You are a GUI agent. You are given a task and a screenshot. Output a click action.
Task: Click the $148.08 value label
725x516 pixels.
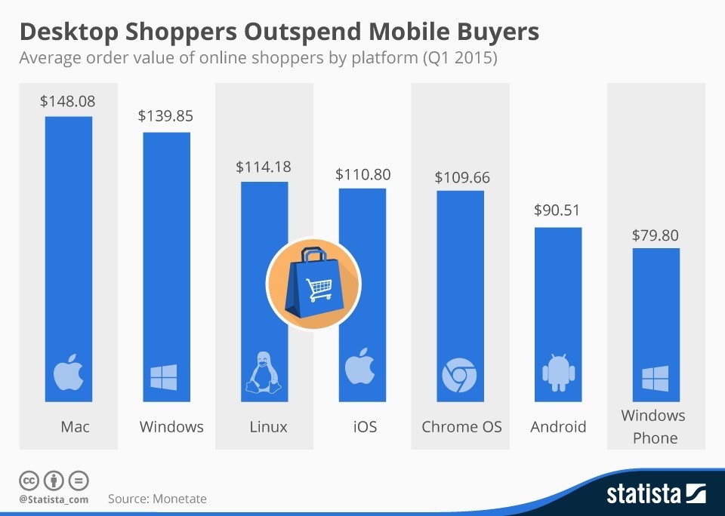tap(68, 100)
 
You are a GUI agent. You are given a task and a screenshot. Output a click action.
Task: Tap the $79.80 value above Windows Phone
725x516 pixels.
tap(655, 235)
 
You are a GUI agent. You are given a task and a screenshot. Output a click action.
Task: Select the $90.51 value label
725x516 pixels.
tap(557, 210)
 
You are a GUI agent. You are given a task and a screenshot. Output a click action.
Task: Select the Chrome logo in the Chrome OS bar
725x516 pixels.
tap(459, 376)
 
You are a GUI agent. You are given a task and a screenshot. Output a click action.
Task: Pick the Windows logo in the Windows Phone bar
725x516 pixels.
tap(655, 379)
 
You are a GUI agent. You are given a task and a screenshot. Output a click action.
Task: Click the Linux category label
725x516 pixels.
tap(268, 427)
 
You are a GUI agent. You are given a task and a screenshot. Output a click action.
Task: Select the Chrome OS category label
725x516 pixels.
tap(461, 427)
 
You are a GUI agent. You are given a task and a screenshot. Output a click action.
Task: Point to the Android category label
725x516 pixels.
tap(558, 427)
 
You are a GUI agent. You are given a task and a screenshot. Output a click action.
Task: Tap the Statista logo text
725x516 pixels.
tap(644, 494)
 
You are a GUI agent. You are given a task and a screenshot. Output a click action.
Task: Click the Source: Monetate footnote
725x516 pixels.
tap(157, 499)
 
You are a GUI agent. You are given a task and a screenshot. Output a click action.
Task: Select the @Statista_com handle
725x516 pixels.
tap(54, 499)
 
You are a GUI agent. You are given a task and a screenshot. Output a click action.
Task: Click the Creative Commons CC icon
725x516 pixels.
tap(29, 481)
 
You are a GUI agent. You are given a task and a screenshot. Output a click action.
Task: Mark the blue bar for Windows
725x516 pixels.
tap(167, 267)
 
